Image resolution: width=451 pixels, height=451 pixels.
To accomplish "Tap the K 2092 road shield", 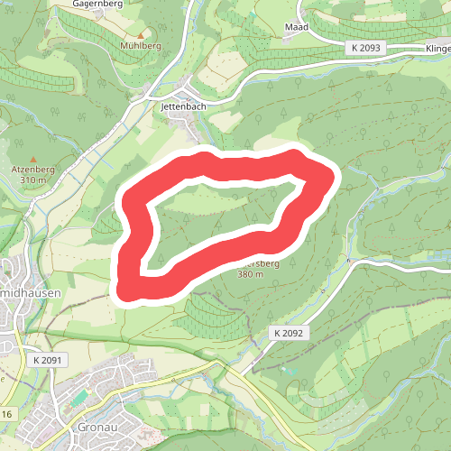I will (290, 333).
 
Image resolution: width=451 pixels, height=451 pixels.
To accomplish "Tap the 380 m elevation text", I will (251, 274).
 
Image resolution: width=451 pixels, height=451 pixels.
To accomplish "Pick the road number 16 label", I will (6, 413).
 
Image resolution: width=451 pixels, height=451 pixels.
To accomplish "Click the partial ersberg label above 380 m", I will (262, 264).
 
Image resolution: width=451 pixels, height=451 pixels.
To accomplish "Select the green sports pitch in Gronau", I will (80, 396).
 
